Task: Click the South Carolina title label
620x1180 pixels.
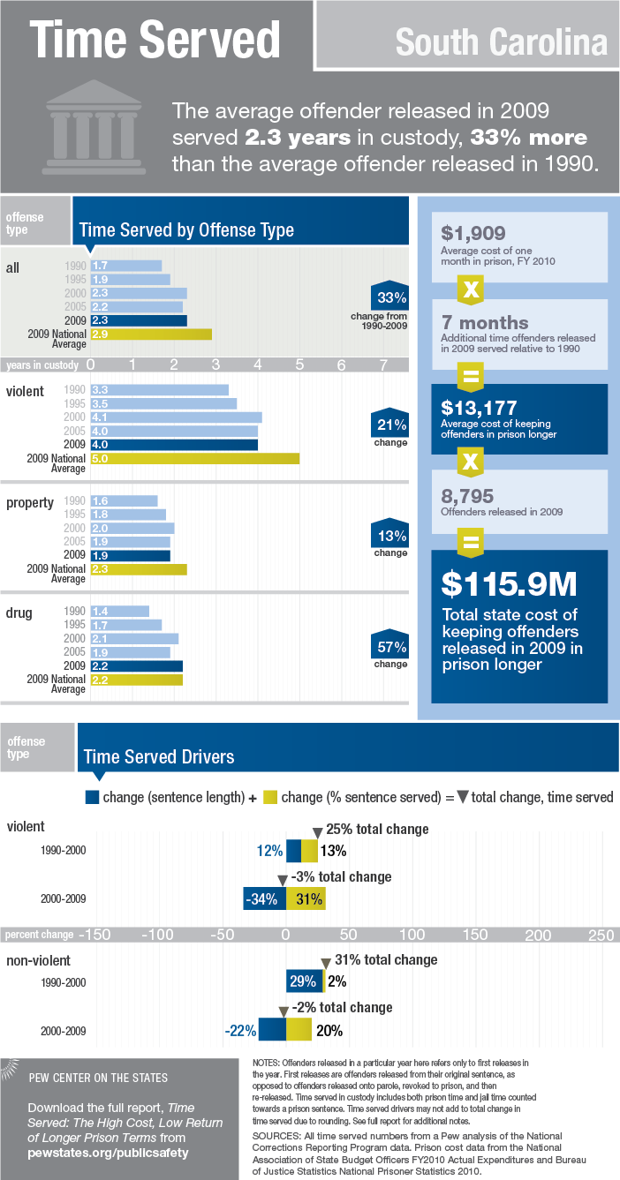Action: pyautogui.click(x=501, y=41)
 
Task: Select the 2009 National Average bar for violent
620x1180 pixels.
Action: pyautogui.click(x=194, y=458)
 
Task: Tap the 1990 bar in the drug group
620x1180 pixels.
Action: pyautogui.click(x=119, y=611)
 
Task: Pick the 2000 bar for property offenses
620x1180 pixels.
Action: pyautogui.click(x=132, y=528)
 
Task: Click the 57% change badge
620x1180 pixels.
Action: pyautogui.click(x=390, y=647)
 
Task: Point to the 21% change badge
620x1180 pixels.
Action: pyautogui.click(x=390, y=425)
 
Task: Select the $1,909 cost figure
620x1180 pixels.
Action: pyautogui.click(x=473, y=233)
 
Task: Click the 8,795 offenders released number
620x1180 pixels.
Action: pyautogui.click(x=467, y=496)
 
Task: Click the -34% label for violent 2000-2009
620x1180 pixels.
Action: pyautogui.click(x=262, y=899)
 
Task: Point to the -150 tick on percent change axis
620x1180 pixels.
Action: pyautogui.click(x=96, y=935)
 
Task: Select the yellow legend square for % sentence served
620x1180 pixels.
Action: pyautogui.click(x=270, y=797)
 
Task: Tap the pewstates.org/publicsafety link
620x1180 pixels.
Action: pyautogui.click(x=109, y=1152)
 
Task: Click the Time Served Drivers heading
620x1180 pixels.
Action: pyautogui.click(x=159, y=756)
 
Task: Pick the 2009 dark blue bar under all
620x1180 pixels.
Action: pyautogui.click(x=139, y=320)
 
